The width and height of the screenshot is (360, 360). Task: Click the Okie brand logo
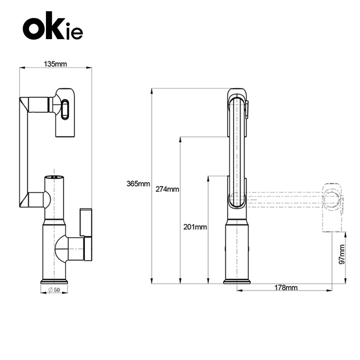(53, 26)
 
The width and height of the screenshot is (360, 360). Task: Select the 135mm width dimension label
(55, 64)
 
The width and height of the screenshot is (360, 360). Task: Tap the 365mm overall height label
(138, 184)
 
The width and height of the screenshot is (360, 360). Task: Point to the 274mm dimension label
(167, 189)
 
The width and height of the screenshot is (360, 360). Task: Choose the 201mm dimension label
(195, 227)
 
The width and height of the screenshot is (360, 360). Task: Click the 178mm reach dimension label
(286, 288)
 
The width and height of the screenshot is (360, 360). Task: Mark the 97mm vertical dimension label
(342, 254)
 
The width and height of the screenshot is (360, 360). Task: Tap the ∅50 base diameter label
(54, 290)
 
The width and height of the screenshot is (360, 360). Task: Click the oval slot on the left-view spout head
(65, 109)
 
